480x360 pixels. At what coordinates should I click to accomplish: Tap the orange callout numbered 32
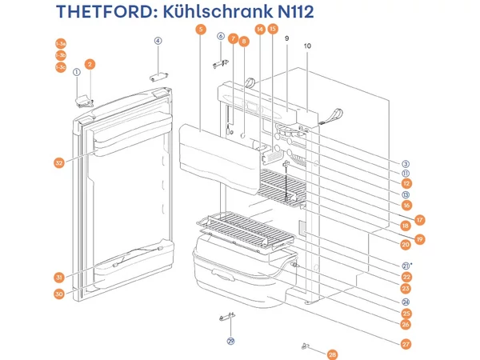coord(59,163)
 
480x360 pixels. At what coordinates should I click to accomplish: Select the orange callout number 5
coord(199,30)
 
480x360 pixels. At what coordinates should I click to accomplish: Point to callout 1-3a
coord(61,43)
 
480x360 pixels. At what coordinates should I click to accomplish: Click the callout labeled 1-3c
coord(61,67)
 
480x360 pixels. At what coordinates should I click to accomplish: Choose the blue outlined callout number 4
coord(158,41)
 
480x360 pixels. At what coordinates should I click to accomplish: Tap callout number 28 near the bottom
coord(333,353)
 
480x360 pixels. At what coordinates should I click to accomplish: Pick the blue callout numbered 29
coord(230,341)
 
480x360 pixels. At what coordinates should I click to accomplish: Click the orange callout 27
coord(406,344)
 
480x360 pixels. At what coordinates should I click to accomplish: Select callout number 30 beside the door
coord(59,294)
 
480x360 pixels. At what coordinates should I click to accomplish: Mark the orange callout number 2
coord(90,64)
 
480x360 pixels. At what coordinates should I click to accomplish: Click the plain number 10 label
coord(308,46)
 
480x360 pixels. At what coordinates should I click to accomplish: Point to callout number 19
coord(419,239)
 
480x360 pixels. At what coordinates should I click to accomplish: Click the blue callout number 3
coord(406,163)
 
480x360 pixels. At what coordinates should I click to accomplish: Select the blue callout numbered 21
coord(406,266)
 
